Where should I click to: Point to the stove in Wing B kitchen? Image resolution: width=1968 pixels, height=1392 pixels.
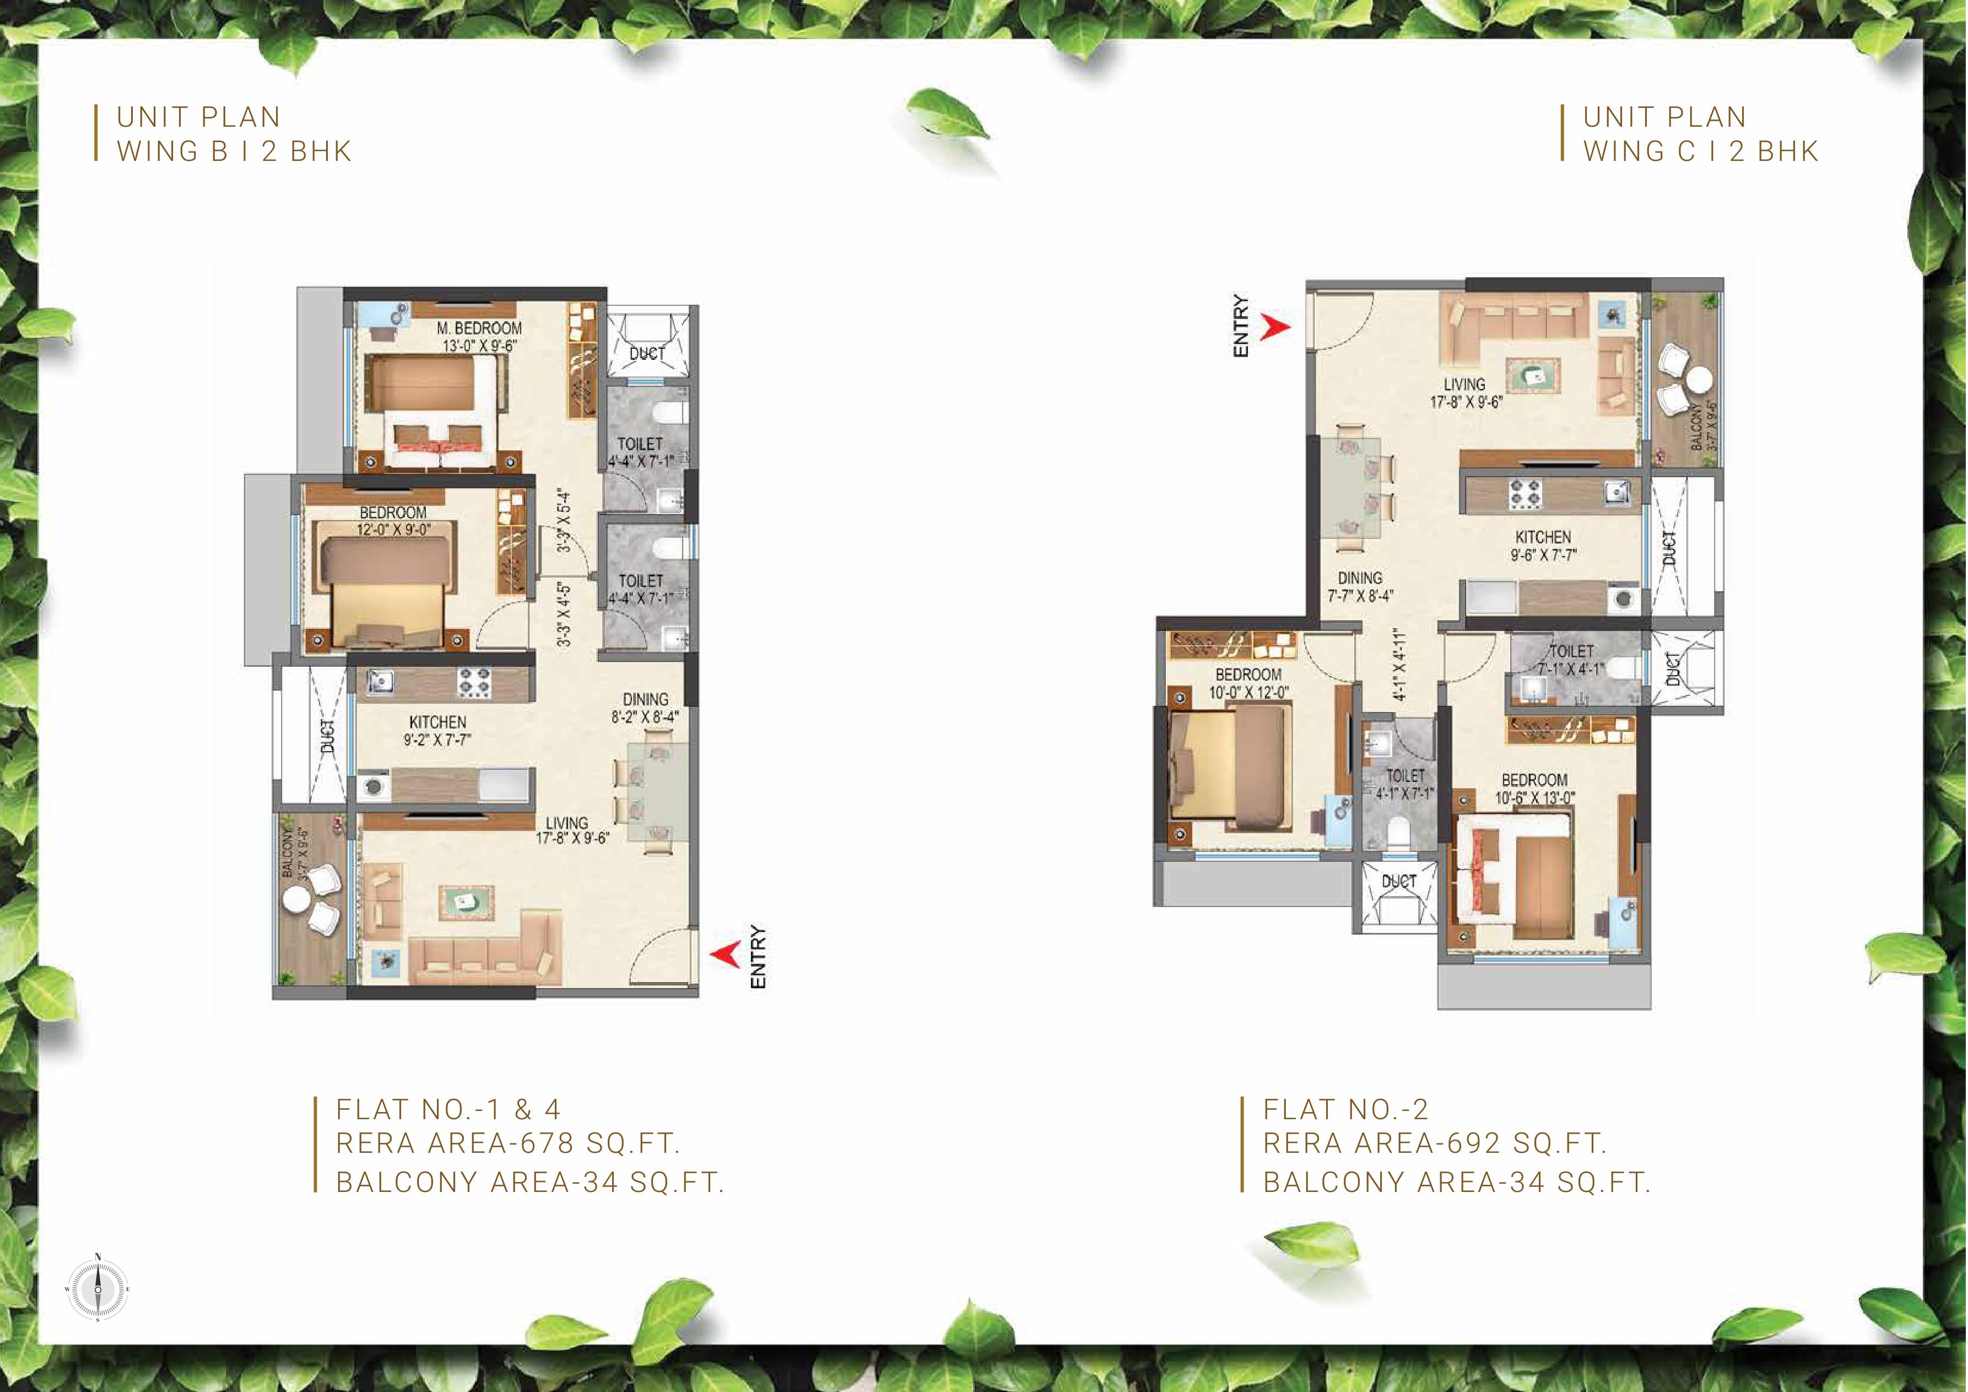coord(473,682)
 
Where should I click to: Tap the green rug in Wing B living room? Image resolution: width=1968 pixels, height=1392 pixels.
coord(466,900)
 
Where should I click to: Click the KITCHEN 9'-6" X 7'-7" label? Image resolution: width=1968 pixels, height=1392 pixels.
coord(1543,545)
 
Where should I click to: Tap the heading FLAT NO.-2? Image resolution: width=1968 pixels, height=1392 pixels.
coord(1346,1109)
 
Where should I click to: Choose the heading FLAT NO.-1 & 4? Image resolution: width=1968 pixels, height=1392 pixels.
coord(448,1109)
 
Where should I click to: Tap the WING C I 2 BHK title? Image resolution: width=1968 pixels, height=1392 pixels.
coord(1701,151)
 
